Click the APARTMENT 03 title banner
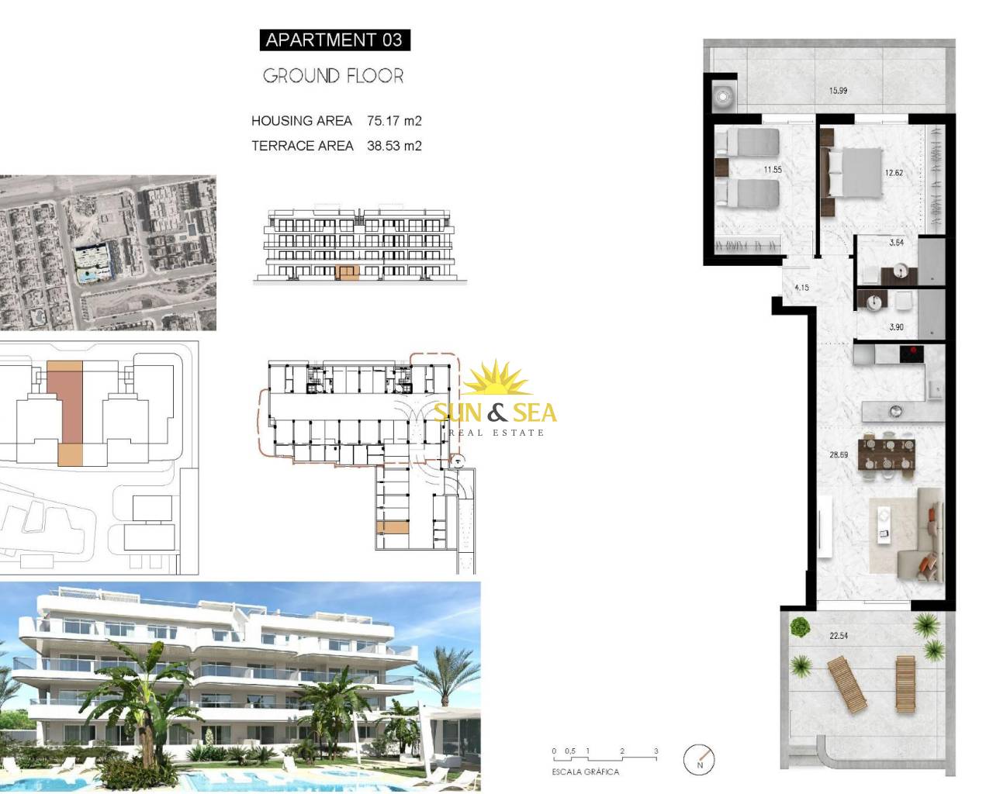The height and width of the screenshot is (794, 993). (335, 40)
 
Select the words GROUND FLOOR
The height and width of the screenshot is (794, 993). (334, 76)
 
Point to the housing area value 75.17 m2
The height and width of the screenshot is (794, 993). (394, 121)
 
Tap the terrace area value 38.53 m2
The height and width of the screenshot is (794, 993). (394, 146)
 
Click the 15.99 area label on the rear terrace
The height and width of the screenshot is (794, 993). (838, 91)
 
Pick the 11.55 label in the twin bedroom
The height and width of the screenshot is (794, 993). (773, 170)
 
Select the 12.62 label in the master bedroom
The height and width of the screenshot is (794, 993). (894, 173)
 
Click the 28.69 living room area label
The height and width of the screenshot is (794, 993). (839, 454)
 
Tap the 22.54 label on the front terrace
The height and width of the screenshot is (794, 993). (839, 636)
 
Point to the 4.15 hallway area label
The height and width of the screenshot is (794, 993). (801, 288)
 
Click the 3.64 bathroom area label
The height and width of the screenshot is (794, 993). (896, 242)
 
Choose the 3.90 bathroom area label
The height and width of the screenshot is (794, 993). (896, 327)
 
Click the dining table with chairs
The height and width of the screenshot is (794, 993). (887, 454)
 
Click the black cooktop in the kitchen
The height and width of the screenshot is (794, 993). (912, 354)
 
